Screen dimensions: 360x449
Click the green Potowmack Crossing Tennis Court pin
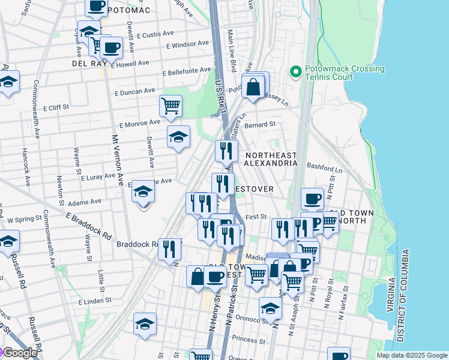(295, 72)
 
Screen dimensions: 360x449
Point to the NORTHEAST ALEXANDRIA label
(271, 159)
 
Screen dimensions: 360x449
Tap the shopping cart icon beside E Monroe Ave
(171, 106)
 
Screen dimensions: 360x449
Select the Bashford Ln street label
(324, 170)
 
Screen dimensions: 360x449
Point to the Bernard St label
(260, 124)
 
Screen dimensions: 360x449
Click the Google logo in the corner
(19, 353)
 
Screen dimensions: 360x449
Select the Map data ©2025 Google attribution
(412, 355)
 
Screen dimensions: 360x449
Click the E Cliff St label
(57, 108)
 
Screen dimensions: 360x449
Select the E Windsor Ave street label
(188, 45)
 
